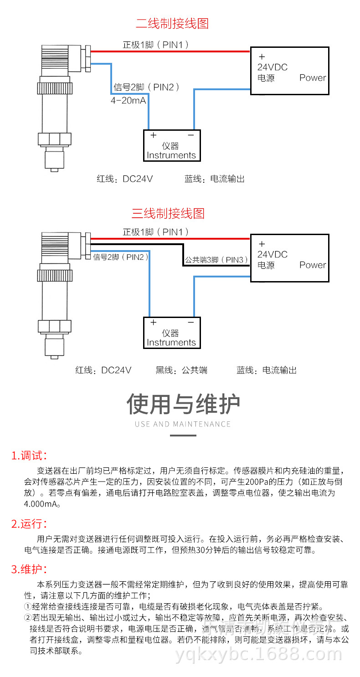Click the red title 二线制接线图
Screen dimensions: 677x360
coord(172,23)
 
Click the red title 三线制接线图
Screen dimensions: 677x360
coord(168,213)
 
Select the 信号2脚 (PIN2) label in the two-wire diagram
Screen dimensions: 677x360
coord(146,87)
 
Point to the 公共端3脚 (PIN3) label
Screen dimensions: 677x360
coord(216,260)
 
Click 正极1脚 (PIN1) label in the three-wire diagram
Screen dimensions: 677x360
coord(155,232)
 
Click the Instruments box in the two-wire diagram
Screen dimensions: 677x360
coord(171,146)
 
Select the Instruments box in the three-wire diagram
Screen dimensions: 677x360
coord(171,333)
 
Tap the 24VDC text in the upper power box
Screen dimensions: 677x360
coord(273,67)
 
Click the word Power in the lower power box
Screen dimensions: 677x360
coord(313,265)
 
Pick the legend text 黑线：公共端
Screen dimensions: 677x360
coord(181,370)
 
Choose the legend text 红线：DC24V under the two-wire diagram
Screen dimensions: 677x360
coord(124,179)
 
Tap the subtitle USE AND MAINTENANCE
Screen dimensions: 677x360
coord(183,424)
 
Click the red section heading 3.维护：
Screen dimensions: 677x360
coord(29,569)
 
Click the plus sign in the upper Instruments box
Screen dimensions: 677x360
coord(154,135)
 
